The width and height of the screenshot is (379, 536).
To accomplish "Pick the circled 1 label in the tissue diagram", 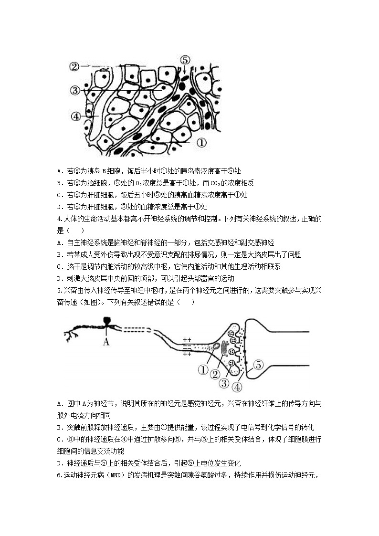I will click(x=201, y=142).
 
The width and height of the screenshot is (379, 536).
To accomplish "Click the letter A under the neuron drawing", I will click(x=106, y=341).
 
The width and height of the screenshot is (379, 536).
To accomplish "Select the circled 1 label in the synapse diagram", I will click(x=202, y=369).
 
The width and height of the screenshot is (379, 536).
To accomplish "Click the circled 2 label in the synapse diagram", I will click(x=215, y=375).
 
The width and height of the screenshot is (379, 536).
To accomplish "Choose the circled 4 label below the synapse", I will click(x=237, y=387).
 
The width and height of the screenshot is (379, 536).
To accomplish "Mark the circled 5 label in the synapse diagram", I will click(x=258, y=365).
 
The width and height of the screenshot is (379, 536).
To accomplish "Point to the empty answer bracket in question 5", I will click(x=186, y=303).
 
